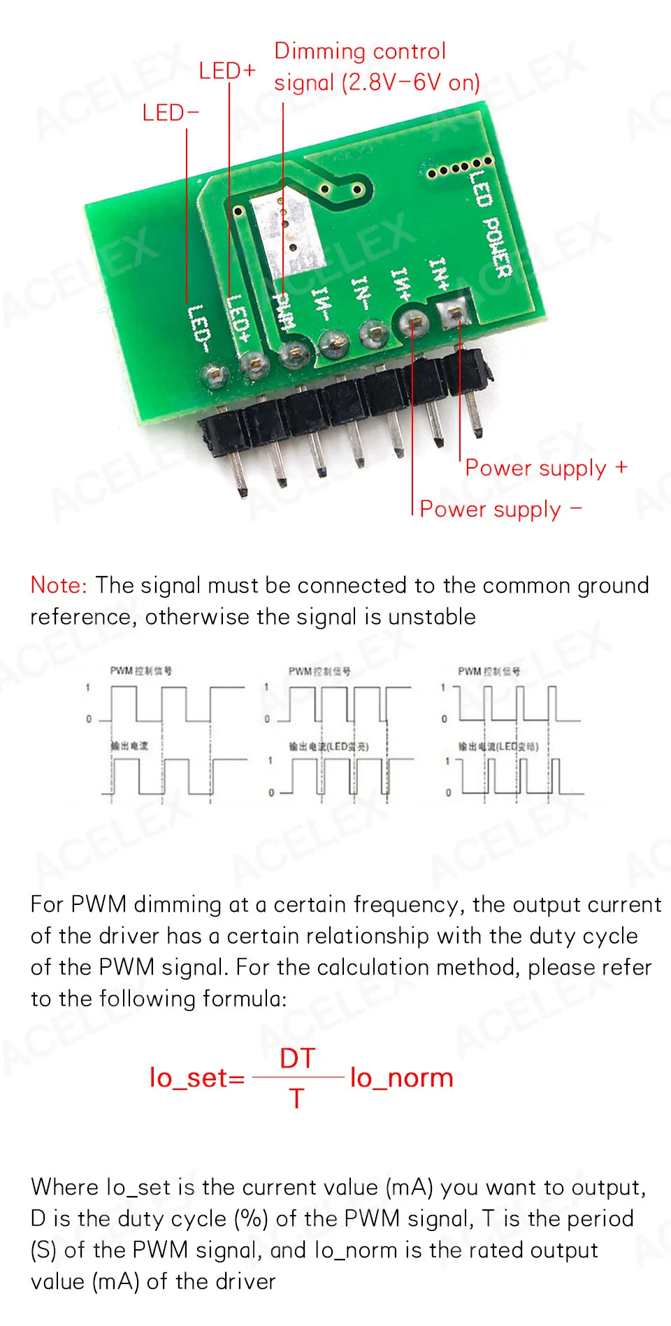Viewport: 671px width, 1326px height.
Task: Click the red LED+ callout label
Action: pyautogui.click(x=227, y=71)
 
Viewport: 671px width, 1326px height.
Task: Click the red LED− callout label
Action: pyautogui.click(x=170, y=112)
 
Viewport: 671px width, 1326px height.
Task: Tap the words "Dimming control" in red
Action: pyautogui.click(x=359, y=51)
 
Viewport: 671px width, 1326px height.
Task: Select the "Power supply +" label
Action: pyautogui.click(x=546, y=468)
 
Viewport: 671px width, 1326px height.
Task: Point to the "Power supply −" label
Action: pyautogui.click(x=500, y=509)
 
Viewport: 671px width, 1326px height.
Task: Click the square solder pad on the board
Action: pyautogui.click(x=454, y=311)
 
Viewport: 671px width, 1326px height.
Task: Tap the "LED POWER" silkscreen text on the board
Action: pyautogui.click(x=491, y=223)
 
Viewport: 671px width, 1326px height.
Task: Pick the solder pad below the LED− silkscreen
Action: pyautogui.click(x=214, y=375)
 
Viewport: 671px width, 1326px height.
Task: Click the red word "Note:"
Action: pyautogui.click(x=59, y=585)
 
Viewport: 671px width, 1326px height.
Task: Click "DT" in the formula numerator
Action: pyautogui.click(x=298, y=1059)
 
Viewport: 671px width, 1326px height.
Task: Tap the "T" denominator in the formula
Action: pyautogui.click(x=297, y=1098)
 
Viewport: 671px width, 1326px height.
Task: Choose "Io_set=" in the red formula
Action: pyautogui.click(x=197, y=1078)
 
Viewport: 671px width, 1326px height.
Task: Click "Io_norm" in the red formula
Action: pyautogui.click(x=402, y=1078)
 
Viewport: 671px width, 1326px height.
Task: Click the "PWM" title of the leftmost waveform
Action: pyautogui.click(x=121, y=671)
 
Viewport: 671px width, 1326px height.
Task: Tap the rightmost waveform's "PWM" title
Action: pyautogui.click(x=469, y=671)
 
